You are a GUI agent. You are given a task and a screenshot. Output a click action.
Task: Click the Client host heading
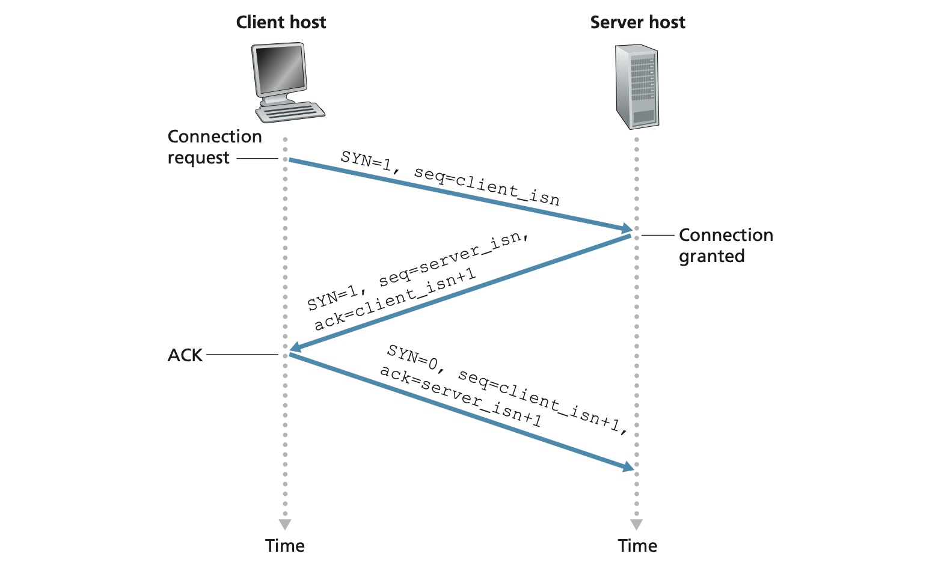281,22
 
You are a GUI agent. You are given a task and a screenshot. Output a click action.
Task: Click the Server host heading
637,22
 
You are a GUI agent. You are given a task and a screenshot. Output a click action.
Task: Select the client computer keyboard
290,112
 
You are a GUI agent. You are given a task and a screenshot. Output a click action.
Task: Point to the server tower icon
637,87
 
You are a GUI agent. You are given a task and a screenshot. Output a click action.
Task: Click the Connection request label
214,147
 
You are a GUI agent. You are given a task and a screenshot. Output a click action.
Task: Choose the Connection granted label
726,245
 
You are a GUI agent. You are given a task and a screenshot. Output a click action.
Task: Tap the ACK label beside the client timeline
185,355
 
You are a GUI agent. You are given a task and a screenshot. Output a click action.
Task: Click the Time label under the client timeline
285,546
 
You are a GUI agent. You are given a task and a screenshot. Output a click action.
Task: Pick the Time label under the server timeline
637,546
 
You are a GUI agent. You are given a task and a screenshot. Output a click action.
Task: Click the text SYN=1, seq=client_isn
450,178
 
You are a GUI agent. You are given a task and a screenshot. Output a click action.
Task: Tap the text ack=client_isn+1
395,300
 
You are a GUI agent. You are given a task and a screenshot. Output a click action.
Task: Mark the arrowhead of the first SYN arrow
627,228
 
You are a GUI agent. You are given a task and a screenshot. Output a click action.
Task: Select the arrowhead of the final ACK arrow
628,466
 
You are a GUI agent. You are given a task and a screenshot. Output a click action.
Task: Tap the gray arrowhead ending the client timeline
285,525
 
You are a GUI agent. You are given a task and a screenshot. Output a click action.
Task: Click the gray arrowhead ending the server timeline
637,525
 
